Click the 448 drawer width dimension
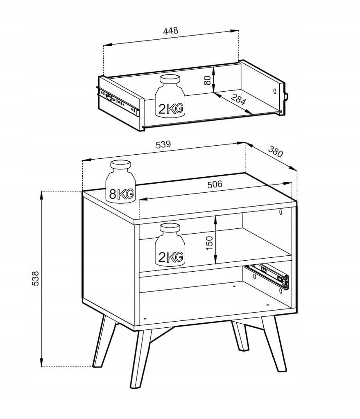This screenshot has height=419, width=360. click(x=171, y=30)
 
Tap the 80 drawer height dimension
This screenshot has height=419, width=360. click(x=207, y=80)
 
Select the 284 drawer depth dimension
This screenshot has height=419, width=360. click(x=238, y=99)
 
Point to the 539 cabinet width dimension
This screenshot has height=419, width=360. click(x=163, y=144)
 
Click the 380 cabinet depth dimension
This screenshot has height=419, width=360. click(x=275, y=151)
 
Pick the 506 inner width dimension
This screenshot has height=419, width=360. click(x=215, y=184)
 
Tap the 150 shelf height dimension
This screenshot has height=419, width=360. click(x=209, y=243)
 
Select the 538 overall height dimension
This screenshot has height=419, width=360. click(x=35, y=278)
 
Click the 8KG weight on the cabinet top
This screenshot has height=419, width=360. click(x=121, y=182)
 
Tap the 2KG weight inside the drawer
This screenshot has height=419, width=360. click(x=170, y=96)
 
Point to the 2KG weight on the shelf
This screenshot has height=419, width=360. click(x=170, y=245)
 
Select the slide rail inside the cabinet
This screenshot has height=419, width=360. click(x=268, y=276)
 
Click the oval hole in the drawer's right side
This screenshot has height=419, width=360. click(x=275, y=91)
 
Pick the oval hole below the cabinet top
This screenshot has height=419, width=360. click(x=281, y=212)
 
